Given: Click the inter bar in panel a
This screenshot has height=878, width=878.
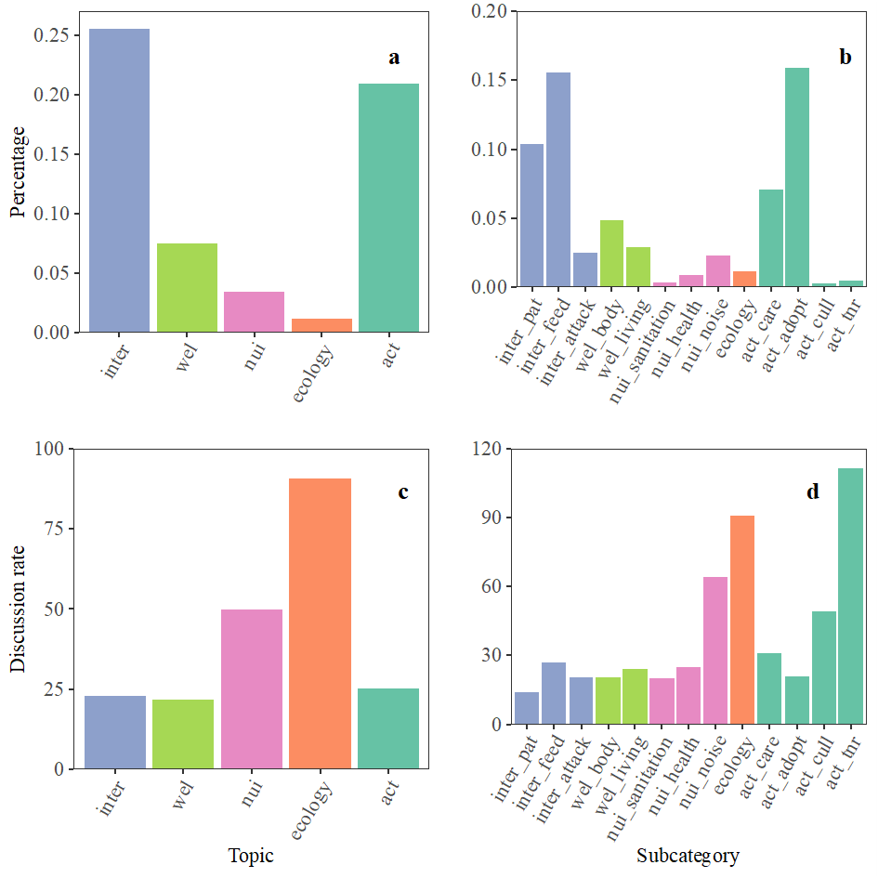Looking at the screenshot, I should pyautogui.click(x=119, y=180).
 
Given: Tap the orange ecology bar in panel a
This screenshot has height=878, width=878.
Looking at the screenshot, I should pyautogui.click(x=321, y=325).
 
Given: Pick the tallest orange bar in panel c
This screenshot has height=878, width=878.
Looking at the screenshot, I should pyautogui.click(x=319, y=622).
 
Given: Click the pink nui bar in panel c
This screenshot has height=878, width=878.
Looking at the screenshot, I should pyautogui.click(x=251, y=688).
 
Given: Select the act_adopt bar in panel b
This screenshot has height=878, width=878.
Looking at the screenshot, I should pyautogui.click(x=796, y=177).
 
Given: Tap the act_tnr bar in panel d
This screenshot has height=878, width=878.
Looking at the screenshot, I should pyautogui.click(x=850, y=596).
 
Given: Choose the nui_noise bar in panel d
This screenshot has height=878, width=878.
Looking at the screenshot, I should pyautogui.click(x=715, y=650).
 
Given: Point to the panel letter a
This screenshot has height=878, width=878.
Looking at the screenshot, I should pyautogui.click(x=394, y=58).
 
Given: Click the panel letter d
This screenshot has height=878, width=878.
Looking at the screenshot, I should pyautogui.click(x=813, y=492).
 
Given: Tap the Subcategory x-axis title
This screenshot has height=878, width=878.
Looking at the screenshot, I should pyautogui.click(x=688, y=856).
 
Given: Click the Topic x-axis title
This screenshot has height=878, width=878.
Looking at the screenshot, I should pyautogui.click(x=251, y=856).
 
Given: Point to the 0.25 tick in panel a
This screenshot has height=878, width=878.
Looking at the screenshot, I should pyautogui.click(x=51, y=35).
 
